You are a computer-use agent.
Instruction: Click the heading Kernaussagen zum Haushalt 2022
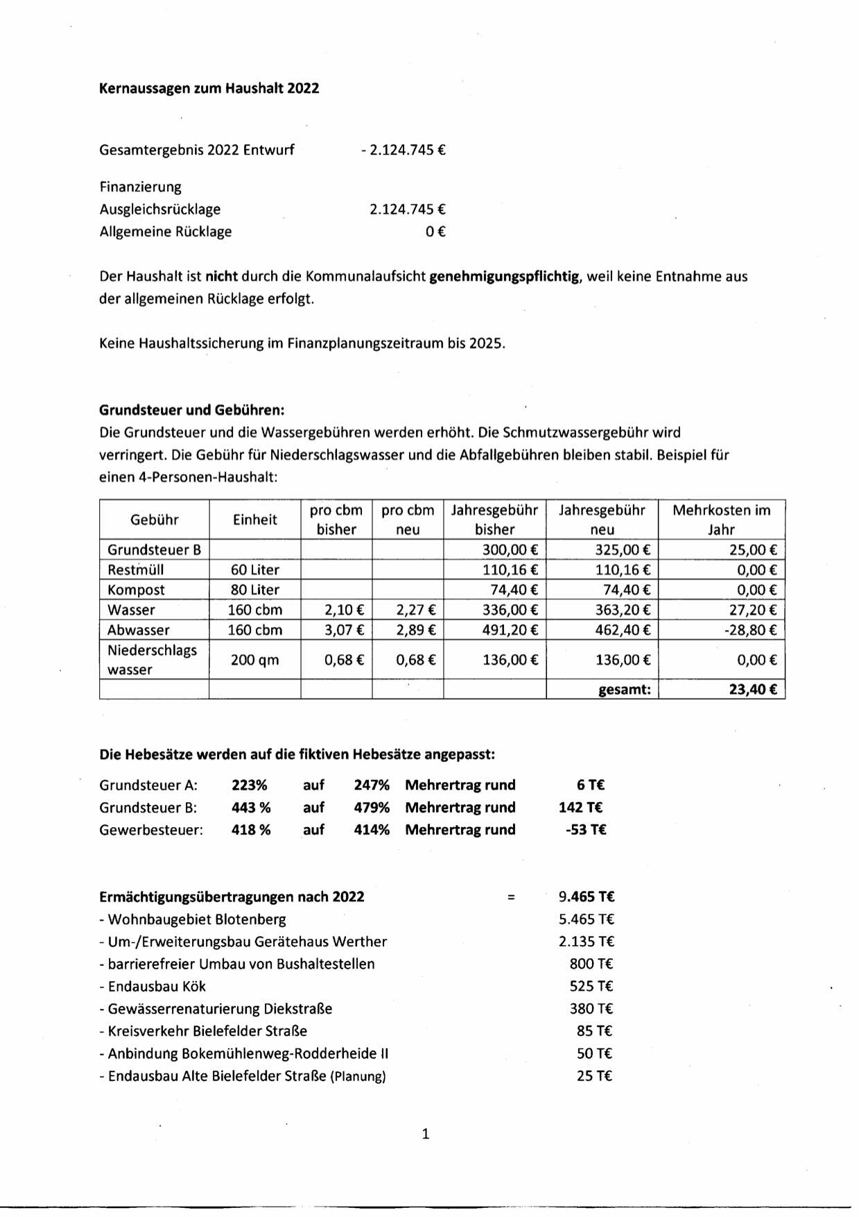[x=209, y=88]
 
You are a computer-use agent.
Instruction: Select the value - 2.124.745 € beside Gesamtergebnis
[x=403, y=150]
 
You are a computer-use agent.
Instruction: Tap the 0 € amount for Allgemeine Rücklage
[x=435, y=232]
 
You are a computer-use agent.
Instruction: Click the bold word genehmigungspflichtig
[x=504, y=276]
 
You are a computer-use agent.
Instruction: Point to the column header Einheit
[x=254, y=520]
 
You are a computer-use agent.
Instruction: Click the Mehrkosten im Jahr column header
[x=721, y=520]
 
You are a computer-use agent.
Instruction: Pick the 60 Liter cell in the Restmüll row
[x=254, y=570]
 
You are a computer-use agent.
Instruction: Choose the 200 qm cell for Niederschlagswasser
[x=254, y=660]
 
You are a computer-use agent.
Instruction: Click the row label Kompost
[x=136, y=590]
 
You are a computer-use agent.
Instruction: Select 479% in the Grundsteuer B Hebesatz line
[x=372, y=808]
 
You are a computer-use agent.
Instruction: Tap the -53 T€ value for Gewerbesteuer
[x=586, y=830]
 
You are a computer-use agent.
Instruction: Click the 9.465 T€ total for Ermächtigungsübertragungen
[x=587, y=897]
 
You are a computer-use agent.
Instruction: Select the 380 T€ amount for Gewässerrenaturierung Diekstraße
[x=591, y=1009]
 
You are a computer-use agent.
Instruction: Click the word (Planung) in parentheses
[x=358, y=1077]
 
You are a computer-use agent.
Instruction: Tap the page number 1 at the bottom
[x=426, y=1134]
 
